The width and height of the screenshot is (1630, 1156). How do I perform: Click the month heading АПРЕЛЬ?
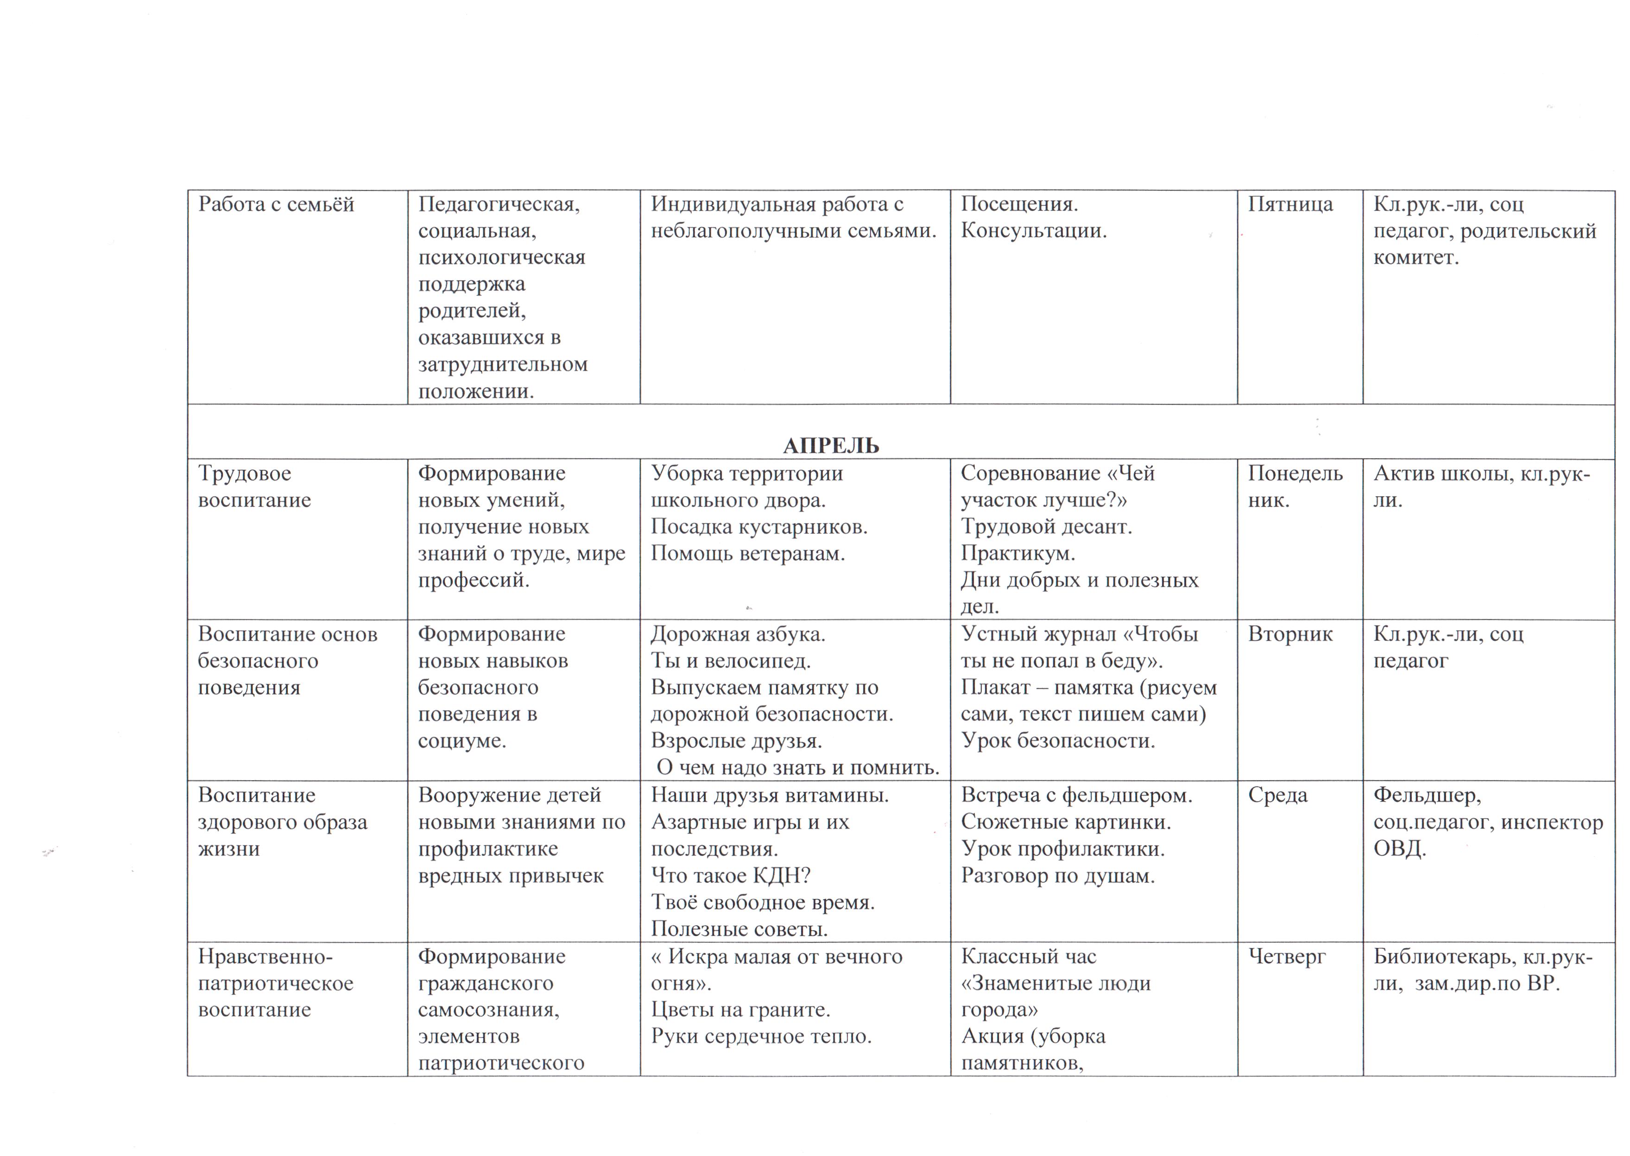(831, 446)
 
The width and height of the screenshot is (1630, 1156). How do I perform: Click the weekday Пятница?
(1290, 204)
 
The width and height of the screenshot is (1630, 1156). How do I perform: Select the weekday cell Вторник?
(1290, 634)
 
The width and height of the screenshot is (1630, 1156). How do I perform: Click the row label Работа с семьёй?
(276, 204)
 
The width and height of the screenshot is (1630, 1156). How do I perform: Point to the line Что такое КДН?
(730, 876)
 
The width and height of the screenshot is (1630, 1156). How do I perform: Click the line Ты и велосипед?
(730, 661)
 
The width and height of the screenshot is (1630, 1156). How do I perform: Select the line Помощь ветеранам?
(747, 554)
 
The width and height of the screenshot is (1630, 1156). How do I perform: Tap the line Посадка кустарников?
(759, 527)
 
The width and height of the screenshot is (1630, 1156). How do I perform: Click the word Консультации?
(1034, 231)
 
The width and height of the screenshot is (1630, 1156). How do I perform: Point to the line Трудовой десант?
(1046, 527)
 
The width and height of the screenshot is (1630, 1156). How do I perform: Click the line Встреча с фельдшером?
(1076, 795)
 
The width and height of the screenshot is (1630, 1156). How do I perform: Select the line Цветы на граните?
(740, 1010)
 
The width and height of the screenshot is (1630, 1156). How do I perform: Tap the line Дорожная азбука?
(738, 634)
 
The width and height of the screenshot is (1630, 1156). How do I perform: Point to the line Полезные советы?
(739, 929)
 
